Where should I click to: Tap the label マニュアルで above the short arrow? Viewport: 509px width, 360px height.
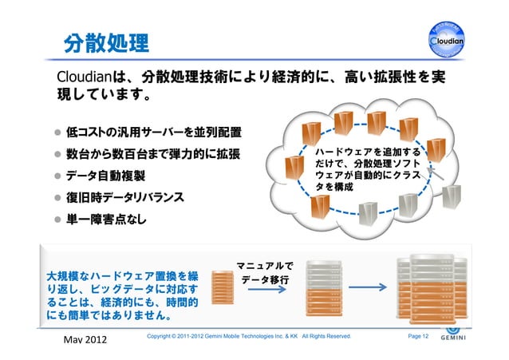[264, 266]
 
